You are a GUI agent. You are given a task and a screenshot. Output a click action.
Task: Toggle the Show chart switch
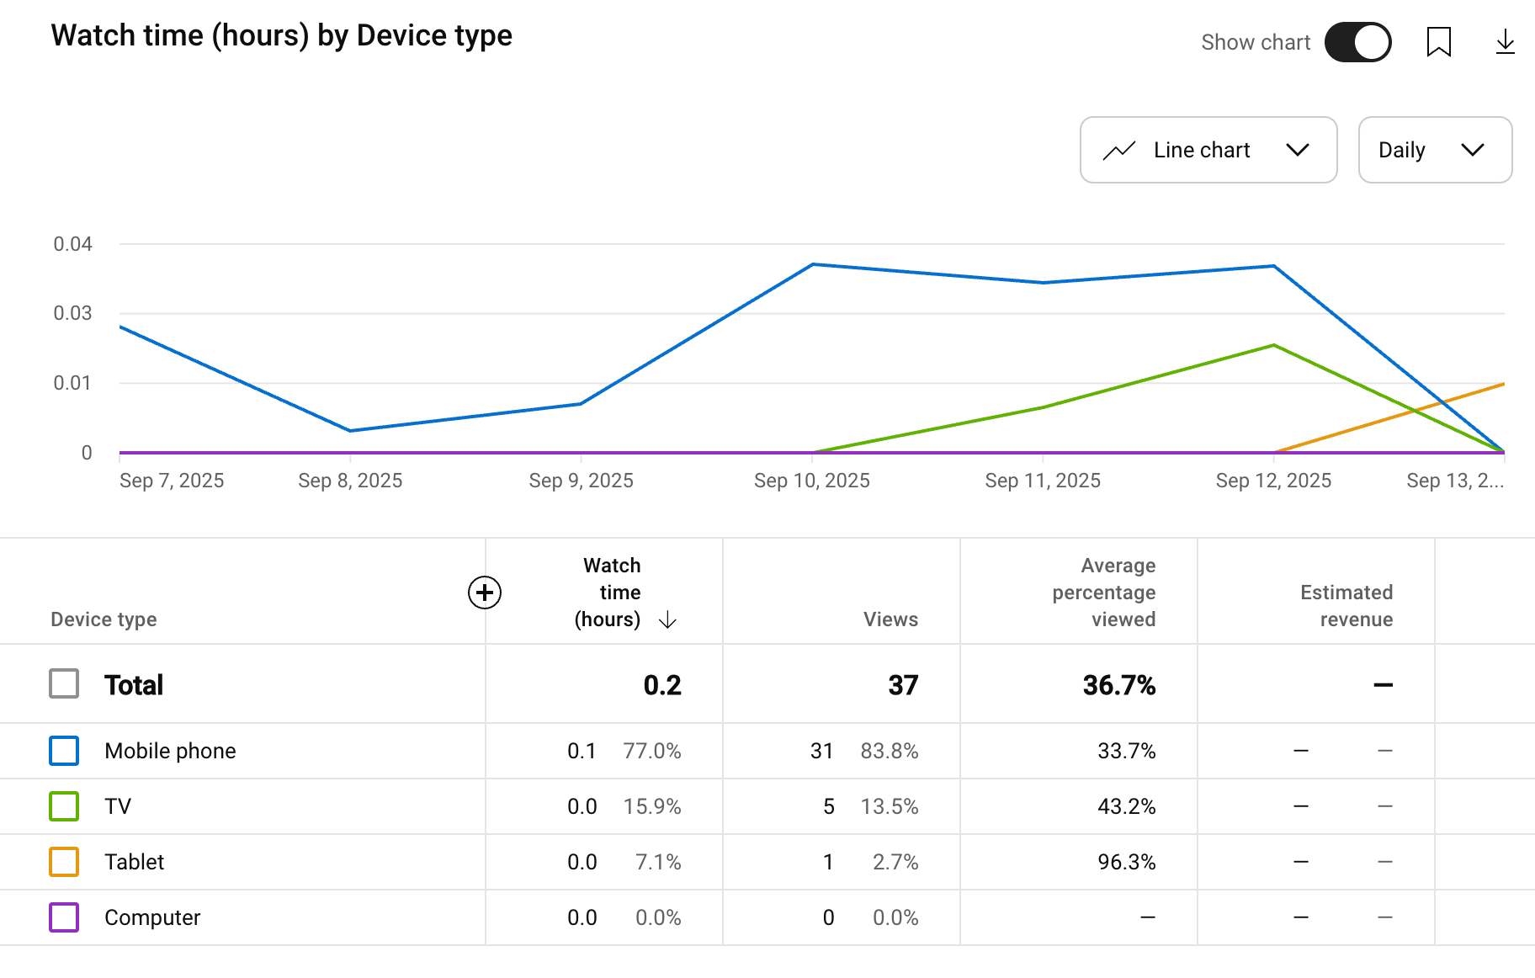coord(1357,42)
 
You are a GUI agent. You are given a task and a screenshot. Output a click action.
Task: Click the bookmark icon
coord(1439,42)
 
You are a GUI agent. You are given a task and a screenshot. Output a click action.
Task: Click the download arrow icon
coord(1505,42)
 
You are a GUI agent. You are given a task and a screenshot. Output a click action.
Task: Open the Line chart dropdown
coord(1208,150)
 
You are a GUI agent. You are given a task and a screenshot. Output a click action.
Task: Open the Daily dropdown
coord(1435,150)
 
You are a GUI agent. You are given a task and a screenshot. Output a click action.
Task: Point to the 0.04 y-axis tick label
coord(72,244)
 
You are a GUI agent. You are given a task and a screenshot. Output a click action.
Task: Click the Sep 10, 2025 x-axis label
coord(811,481)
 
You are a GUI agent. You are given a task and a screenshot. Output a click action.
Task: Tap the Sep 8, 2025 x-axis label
coord(350,481)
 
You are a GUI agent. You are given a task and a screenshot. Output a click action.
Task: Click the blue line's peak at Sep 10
coord(813,264)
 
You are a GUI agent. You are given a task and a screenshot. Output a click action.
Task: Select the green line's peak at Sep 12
coord(1274,345)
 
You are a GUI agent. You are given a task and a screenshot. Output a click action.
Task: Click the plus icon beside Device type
coord(485,593)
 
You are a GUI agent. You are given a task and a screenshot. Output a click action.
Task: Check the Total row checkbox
coord(64,684)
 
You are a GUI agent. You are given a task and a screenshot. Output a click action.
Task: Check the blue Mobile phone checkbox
coord(64,751)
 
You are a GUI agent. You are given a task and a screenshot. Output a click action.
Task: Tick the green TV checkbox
coord(64,806)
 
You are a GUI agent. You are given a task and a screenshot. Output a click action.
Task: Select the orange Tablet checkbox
coord(64,862)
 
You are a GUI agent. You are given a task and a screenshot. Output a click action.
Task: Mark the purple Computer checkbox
coord(64,917)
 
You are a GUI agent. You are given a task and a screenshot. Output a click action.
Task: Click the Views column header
coord(890,619)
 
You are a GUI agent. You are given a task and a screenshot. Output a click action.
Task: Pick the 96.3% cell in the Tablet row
coord(1126,862)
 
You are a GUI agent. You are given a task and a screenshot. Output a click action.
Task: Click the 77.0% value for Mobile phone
coord(651,751)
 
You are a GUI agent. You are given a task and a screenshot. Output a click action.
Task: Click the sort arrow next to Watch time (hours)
coord(667,620)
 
